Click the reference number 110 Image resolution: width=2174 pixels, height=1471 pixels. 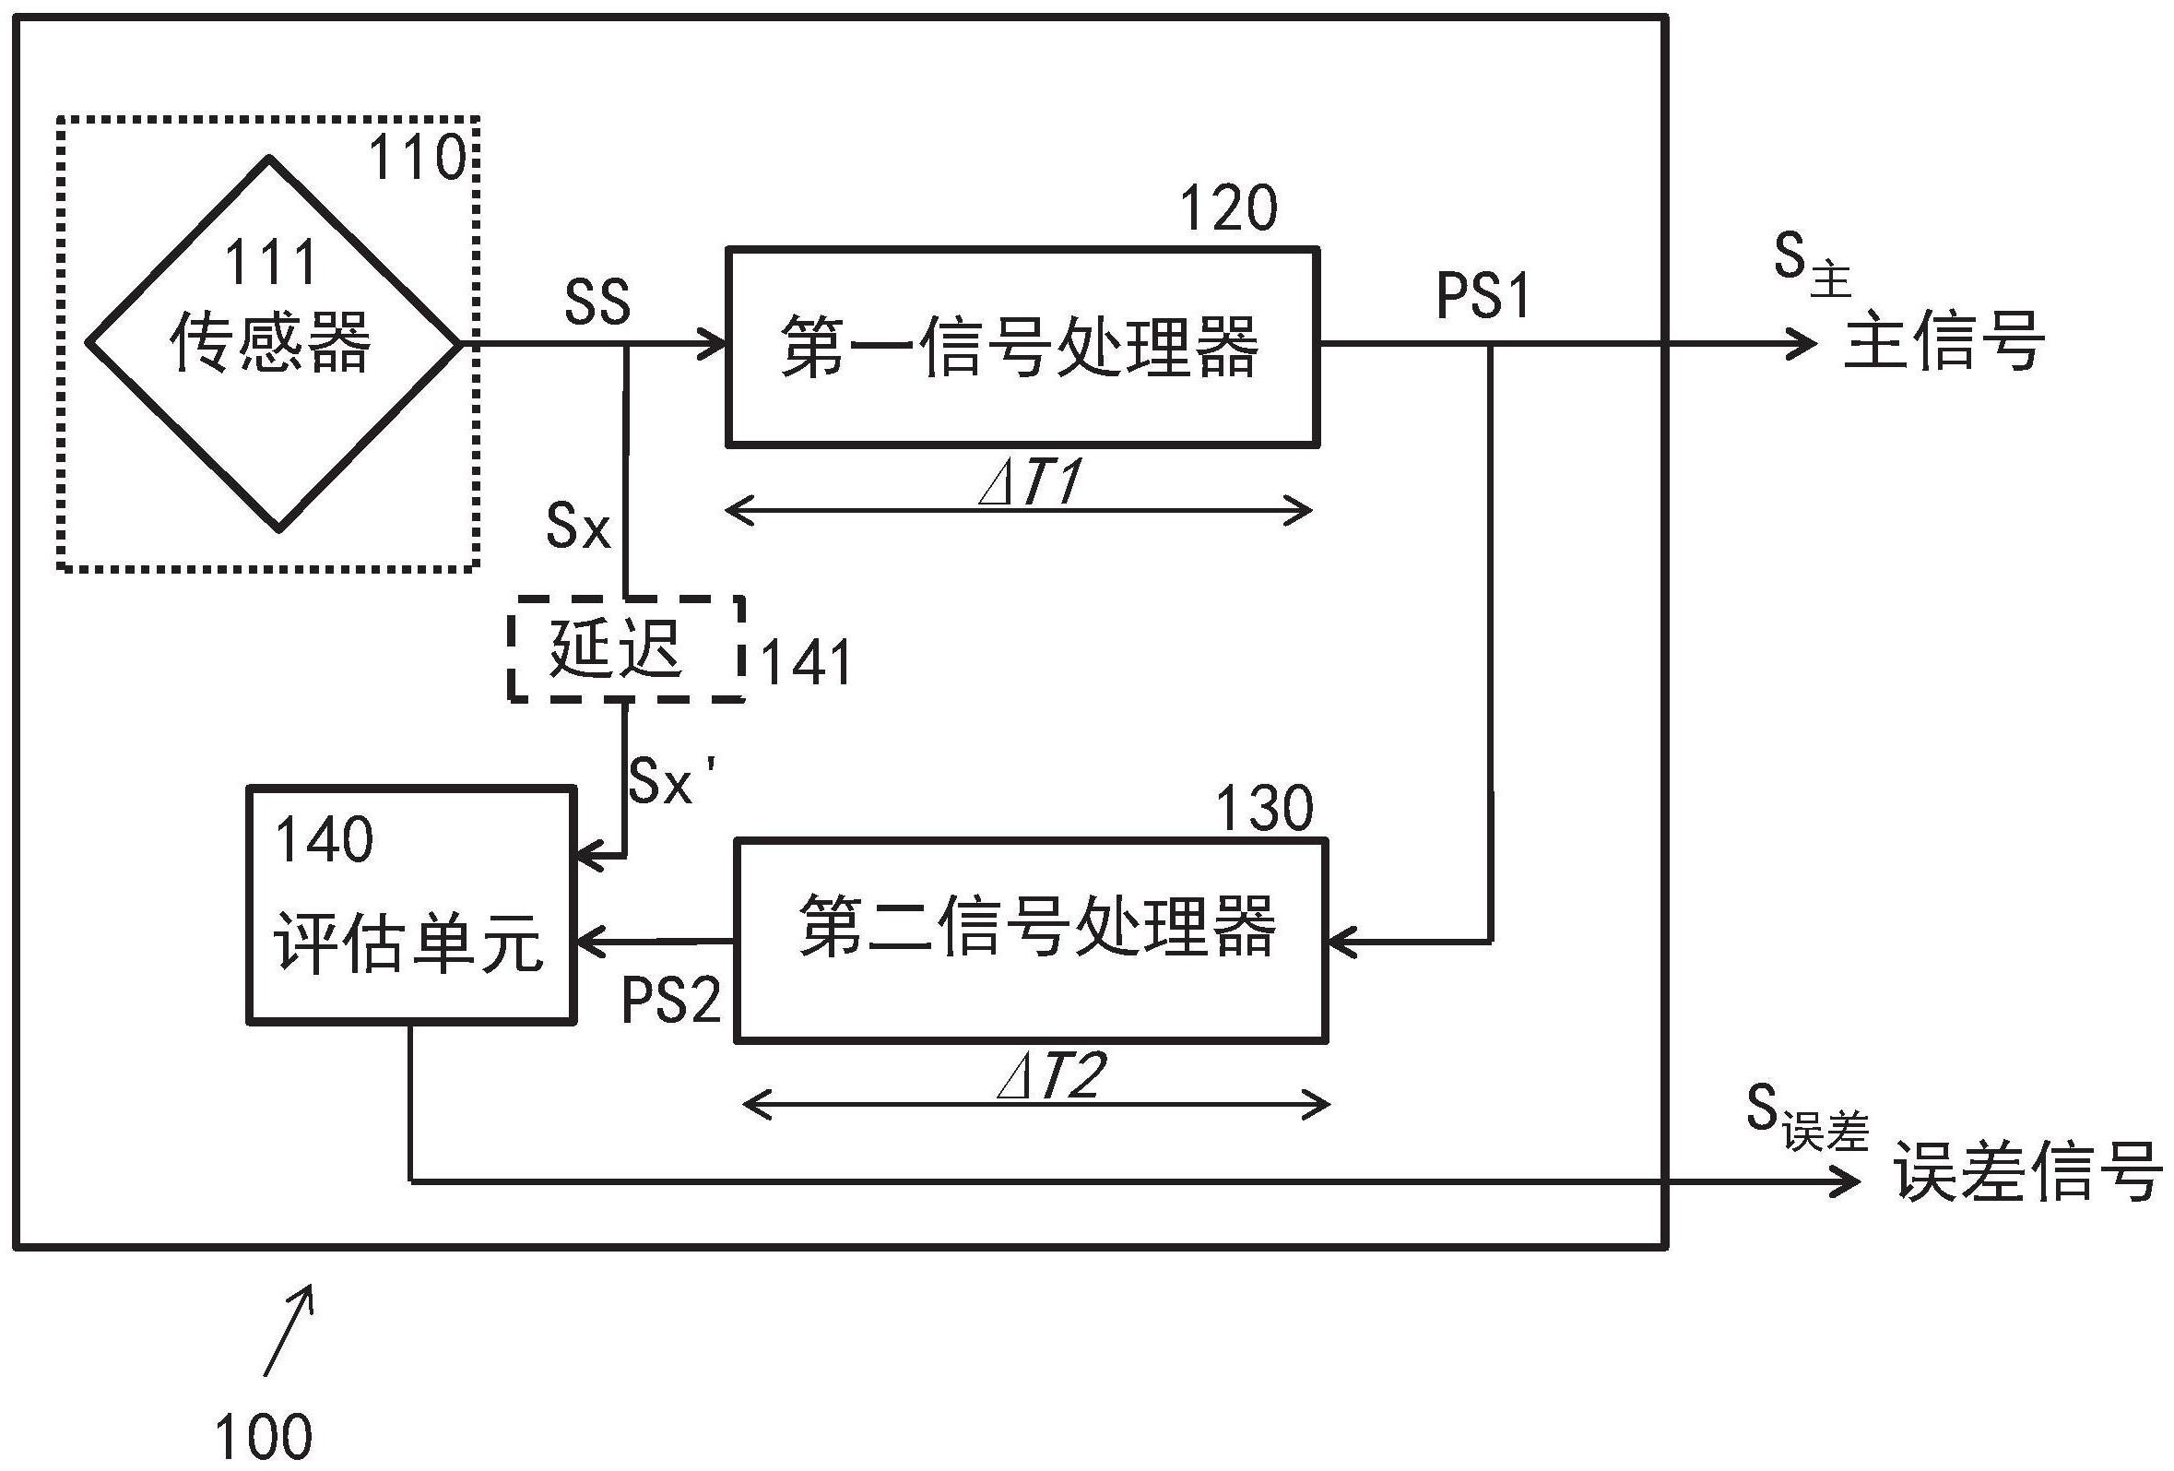(x=418, y=158)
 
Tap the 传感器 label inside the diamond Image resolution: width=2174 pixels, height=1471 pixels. (x=270, y=342)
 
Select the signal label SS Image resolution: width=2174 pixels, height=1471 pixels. (x=597, y=303)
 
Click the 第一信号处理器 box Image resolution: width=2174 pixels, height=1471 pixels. (x=1022, y=346)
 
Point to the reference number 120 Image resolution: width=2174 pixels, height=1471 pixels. (x=1227, y=208)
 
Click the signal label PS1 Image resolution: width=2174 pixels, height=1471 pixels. (x=1483, y=298)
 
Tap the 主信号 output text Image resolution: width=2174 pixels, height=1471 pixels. (x=1944, y=342)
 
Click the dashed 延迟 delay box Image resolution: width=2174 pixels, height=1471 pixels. (x=625, y=647)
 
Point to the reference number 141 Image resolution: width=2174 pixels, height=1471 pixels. (x=806, y=663)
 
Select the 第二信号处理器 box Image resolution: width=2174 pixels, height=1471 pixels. (x=1031, y=939)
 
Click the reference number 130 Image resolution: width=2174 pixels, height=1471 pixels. (x=1264, y=809)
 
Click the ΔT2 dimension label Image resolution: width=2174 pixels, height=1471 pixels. (x=1050, y=1076)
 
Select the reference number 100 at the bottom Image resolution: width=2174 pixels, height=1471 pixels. (x=264, y=1436)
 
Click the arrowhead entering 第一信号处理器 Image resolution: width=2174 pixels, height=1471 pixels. (x=715, y=344)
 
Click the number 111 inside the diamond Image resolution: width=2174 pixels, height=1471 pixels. (x=270, y=263)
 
